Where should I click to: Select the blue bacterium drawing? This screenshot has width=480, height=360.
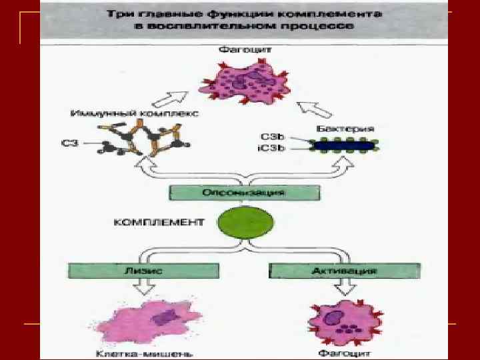tap(345, 144)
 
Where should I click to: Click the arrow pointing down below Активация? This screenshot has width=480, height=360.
tap(344, 289)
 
